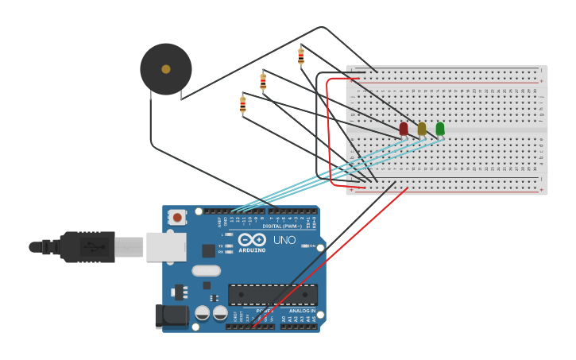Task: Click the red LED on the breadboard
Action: tap(404, 129)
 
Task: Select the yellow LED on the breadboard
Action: tap(422, 129)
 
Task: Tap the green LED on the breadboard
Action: tap(440, 128)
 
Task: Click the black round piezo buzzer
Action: tap(166, 70)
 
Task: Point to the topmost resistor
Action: tap(301, 56)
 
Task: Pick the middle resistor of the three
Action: tap(263, 80)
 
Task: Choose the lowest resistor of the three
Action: tap(243, 104)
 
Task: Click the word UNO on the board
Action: tap(284, 240)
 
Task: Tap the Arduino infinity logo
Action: tap(253, 239)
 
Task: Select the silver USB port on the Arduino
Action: tap(166, 247)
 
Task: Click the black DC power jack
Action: tap(172, 317)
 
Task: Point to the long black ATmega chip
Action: tap(273, 295)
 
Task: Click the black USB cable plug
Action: tap(87, 247)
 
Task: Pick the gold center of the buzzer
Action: tap(166, 69)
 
